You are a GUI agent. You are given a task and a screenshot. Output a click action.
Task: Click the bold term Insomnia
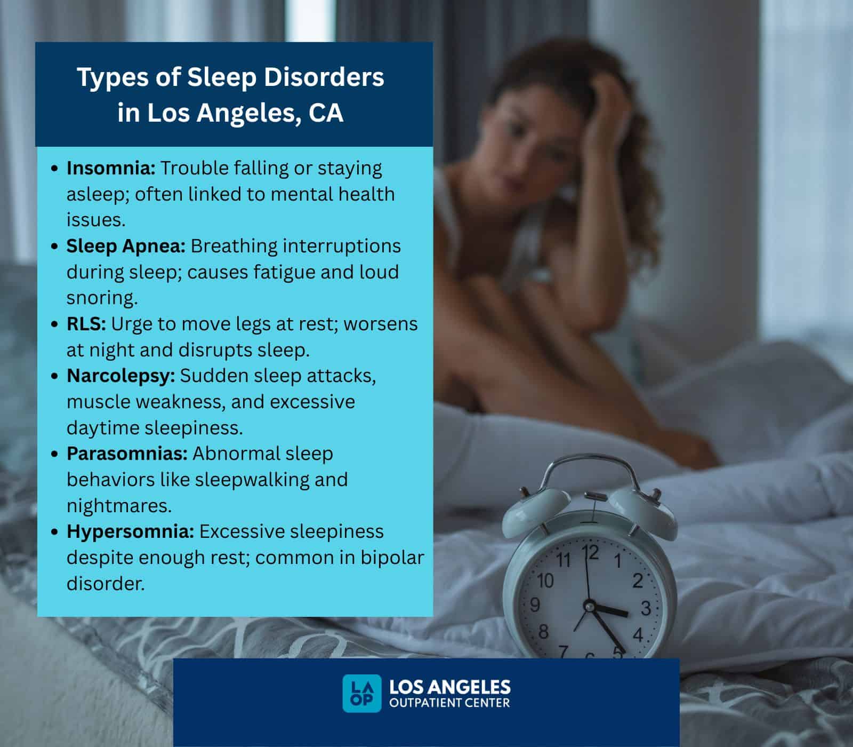[x=110, y=168]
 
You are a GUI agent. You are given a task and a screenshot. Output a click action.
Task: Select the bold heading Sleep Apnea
[x=126, y=246]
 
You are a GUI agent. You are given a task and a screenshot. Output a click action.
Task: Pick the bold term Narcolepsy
[x=120, y=376]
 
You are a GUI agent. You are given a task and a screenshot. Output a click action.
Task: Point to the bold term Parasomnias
[x=127, y=454]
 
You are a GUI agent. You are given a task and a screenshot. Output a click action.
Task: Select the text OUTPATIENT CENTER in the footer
[x=449, y=703]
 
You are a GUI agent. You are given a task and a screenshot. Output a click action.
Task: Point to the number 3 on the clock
[x=645, y=608]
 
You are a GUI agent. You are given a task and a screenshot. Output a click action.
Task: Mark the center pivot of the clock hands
[x=589, y=605]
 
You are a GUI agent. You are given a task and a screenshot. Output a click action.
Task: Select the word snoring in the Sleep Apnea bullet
[x=101, y=298]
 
